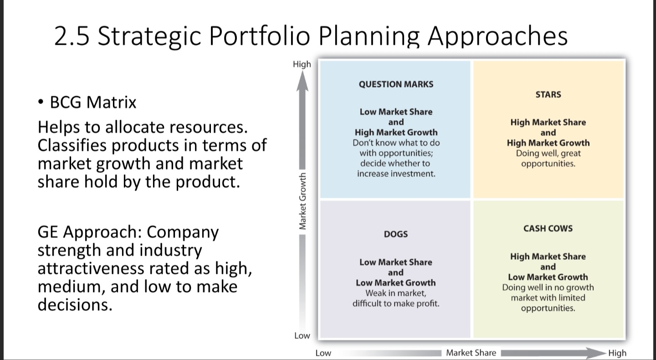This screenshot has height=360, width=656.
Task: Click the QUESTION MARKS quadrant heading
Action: tap(395, 84)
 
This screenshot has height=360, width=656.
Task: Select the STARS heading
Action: tap(548, 95)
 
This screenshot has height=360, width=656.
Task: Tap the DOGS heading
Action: tap(395, 234)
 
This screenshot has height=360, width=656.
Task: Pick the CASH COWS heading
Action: tap(548, 228)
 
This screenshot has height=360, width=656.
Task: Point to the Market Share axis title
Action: tap(471, 352)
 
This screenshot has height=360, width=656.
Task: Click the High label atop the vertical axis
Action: tap(302, 64)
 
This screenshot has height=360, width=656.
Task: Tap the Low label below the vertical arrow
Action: tap(302, 336)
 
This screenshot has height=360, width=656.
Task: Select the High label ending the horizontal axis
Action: tap(617, 353)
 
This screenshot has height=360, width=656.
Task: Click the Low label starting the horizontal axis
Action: tap(323, 353)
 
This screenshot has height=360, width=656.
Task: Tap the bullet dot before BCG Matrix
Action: tap(41, 103)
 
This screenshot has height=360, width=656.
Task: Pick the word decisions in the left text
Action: tap(74, 304)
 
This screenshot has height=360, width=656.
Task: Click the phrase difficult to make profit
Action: tap(395, 303)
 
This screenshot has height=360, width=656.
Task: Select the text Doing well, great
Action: tap(548, 154)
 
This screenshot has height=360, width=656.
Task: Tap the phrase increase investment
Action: tap(395, 174)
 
